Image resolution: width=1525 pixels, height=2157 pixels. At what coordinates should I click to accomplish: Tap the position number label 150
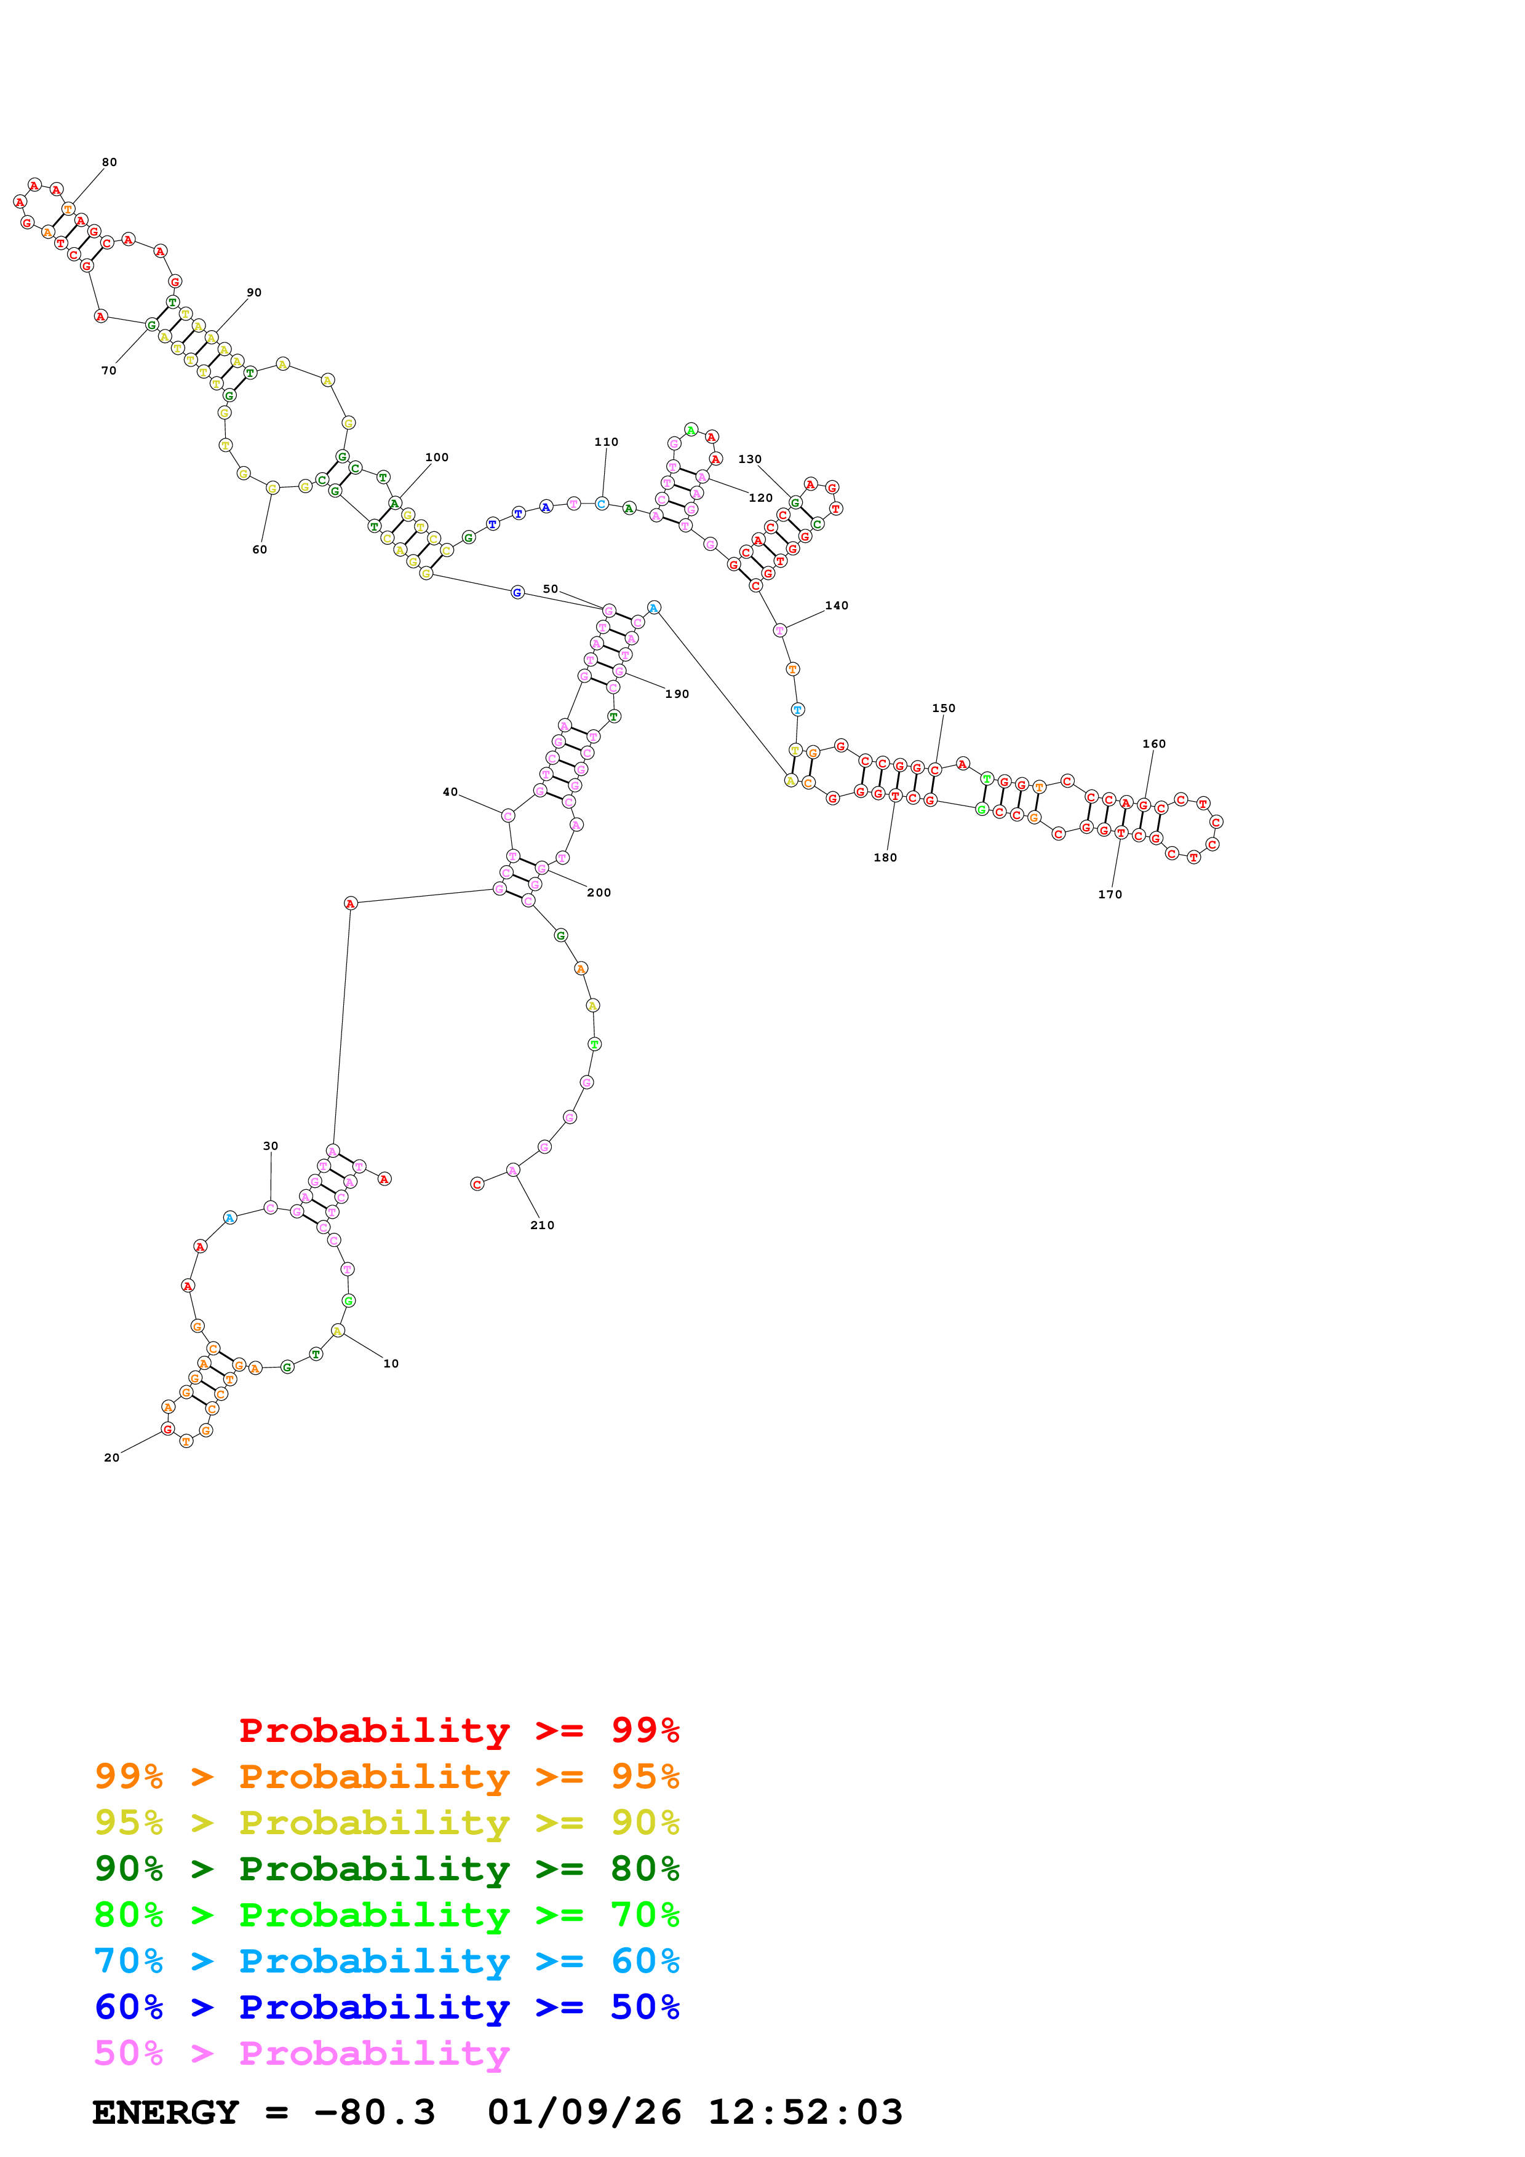[944, 708]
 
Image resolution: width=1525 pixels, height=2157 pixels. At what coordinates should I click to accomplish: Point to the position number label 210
[542, 1225]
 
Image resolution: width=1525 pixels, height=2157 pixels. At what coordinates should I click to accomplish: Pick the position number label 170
[1110, 895]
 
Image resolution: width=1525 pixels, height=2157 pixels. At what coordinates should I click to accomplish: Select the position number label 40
[450, 792]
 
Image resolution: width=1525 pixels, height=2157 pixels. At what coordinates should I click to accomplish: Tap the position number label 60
[260, 550]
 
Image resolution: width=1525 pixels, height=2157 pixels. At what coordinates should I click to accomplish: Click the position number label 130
[750, 459]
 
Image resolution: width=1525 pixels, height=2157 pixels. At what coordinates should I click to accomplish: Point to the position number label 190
[677, 694]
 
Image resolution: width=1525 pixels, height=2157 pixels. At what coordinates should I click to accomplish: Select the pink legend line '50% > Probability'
[301, 2054]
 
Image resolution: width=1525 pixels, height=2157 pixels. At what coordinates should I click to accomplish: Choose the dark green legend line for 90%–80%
[386, 1869]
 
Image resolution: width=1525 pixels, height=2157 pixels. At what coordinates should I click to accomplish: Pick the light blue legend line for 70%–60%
[386, 1961]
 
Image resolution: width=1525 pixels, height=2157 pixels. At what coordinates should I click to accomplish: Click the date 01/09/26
[584, 2113]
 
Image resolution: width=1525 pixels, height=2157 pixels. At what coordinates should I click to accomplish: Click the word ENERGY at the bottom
[165, 2113]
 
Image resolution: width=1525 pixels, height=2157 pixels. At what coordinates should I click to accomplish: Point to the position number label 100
[437, 457]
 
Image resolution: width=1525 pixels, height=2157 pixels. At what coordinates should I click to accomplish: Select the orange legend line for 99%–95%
[386, 1776]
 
